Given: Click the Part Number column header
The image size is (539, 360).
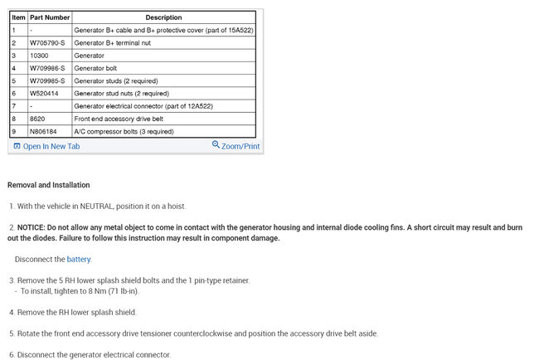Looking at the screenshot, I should click(x=48, y=17).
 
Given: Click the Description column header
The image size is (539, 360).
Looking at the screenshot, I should click(x=163, y=17).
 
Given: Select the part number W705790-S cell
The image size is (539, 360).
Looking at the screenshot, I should click(x=47, y=42).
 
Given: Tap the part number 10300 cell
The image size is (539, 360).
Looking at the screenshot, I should click(x=38, y=56).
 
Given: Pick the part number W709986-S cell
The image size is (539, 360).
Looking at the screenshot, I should click(x=47, y=68).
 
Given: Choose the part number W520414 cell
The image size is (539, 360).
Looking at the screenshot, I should click(x=44, y=94).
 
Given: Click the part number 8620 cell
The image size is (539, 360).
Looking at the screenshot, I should click(x=36, y=119).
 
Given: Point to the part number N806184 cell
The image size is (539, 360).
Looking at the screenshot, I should click(x=44, y=131).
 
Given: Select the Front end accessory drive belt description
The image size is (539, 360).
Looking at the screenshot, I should click(x=118, y=119).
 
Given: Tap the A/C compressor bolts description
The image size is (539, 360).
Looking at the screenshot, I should click(x=124, y=131).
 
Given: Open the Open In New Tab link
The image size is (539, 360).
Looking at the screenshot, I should click(x=51, y=147).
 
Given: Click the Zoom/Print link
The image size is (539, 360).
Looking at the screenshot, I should click(x=240, y=147).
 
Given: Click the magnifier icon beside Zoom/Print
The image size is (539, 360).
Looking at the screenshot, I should click(x=216, y=145).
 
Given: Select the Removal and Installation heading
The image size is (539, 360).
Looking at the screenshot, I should click(x=48, y=185).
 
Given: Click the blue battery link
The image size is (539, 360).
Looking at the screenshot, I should click(x=79, y=260).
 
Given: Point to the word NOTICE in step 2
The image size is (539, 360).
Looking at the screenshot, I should click(x=34, y=227).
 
